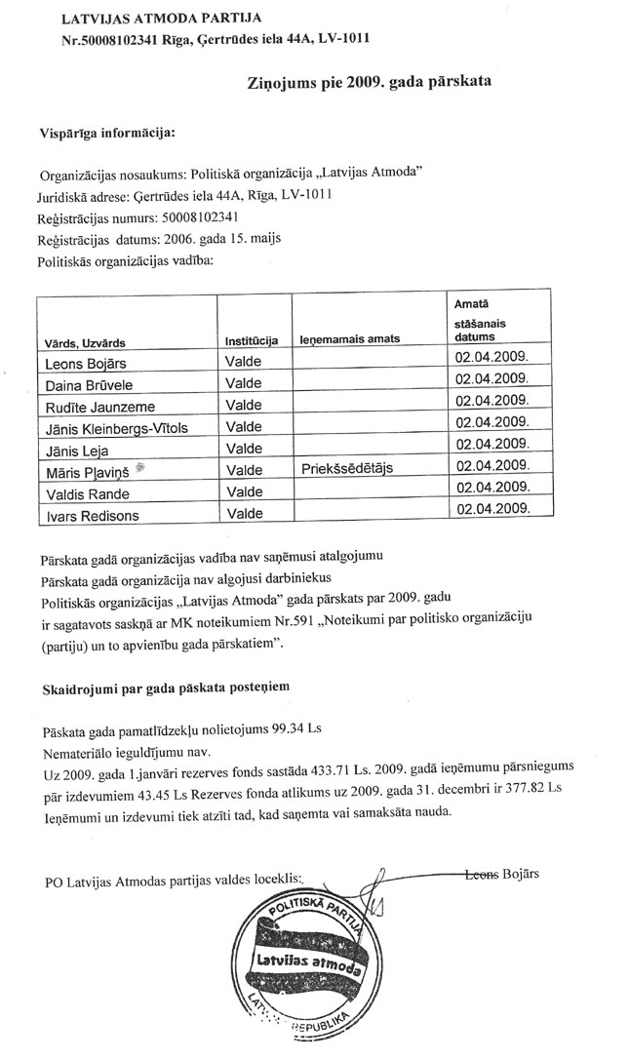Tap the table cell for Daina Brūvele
[88, 385]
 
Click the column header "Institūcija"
[252, 340]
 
